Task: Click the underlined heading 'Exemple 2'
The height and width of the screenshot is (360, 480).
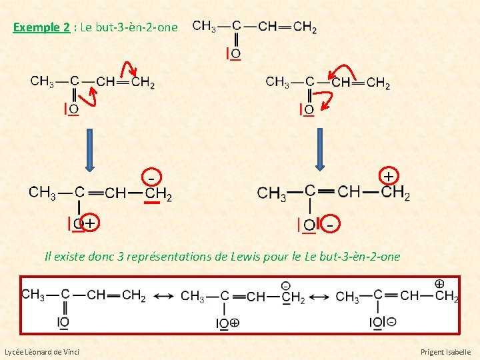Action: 41,27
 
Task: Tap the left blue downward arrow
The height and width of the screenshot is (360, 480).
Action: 90,149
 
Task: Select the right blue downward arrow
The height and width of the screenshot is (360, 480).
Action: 320,149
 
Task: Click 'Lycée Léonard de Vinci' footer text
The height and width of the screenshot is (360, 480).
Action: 41,351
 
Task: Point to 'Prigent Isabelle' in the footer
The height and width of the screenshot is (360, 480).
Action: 445,351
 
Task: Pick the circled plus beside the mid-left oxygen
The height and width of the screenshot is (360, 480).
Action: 89,223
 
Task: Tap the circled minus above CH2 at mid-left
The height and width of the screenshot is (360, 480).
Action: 152,178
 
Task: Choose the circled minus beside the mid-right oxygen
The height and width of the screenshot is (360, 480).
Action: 329,225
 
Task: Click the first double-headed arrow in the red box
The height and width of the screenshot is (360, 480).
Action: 163,296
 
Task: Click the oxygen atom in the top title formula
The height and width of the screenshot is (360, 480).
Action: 235,53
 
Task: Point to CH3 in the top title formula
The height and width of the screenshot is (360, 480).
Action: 203,27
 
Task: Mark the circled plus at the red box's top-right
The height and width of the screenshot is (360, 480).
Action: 439,284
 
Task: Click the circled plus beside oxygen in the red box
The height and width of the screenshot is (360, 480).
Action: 235,323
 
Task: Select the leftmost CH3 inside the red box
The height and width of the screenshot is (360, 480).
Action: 33,295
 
